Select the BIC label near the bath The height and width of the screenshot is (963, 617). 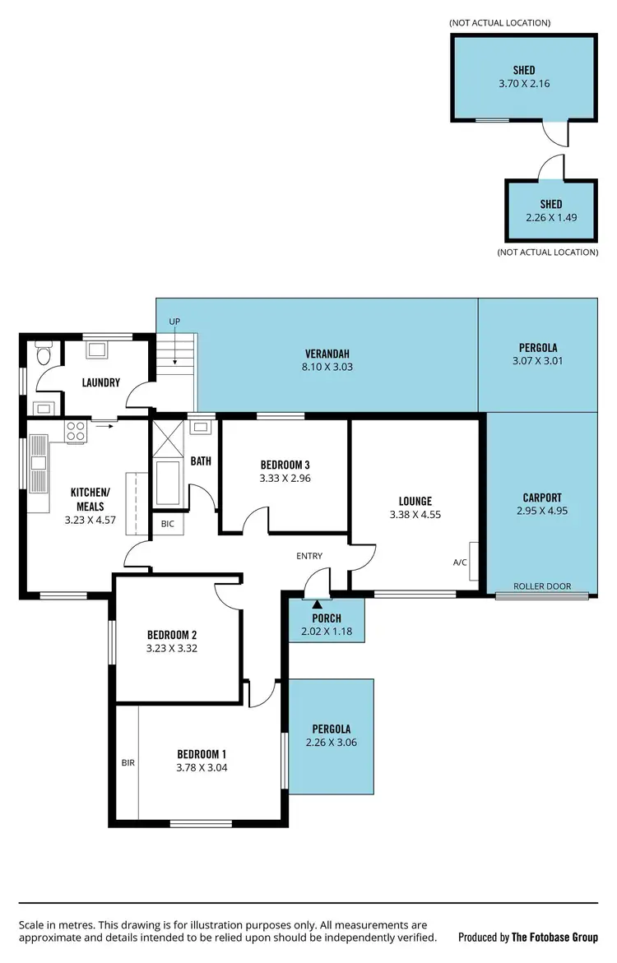click(167, 523)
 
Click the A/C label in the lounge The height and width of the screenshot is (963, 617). click(460, 563)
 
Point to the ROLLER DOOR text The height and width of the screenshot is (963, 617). click(541, 586)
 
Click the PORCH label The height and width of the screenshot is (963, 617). click(327, 618)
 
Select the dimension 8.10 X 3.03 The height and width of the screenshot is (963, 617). click(328, 367)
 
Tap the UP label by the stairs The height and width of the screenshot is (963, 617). click(174, 321)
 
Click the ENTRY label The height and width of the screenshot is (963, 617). click(309, 556)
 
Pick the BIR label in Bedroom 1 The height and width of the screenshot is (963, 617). click(128, 762)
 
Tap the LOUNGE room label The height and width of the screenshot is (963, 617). click(415, 501)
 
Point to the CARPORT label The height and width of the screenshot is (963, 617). click(542, 498)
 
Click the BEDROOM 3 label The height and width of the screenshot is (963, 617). click(285, 465)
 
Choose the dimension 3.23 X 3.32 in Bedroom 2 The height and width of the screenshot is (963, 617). click(170, 648)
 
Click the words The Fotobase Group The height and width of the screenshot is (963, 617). click(554, 937)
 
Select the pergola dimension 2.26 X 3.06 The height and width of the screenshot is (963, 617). click(331, 742)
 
